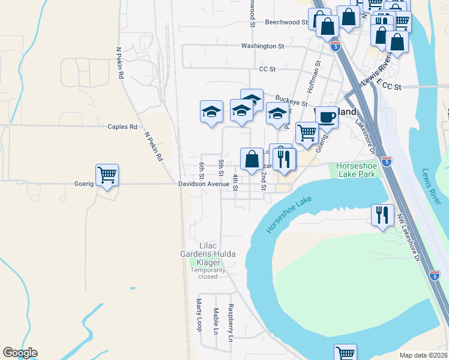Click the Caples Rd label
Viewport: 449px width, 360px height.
(122, 127)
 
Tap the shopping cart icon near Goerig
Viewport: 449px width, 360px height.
(107, 175)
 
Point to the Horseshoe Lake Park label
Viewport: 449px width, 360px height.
(356, 170)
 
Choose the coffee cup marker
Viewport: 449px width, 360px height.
(327, 117)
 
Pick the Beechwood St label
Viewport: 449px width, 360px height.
(286, 22)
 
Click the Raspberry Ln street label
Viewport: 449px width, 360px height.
(230, 323)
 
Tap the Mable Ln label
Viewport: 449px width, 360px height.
(215, 321)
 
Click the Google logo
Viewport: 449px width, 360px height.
(20, 353)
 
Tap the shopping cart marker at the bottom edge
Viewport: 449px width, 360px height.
(345, 353)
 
